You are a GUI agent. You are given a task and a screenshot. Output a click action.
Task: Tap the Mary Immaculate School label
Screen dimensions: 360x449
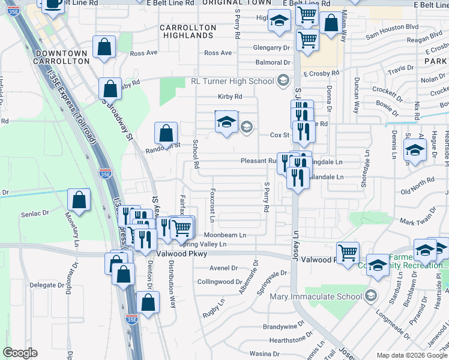[315, 295]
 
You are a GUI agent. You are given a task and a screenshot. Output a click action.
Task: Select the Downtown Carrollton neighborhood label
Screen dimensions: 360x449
[62, 58]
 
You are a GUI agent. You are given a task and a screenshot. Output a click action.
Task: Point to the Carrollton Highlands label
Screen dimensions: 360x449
[188, 31]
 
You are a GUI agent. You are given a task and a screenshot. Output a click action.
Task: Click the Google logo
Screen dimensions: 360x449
[20, 353]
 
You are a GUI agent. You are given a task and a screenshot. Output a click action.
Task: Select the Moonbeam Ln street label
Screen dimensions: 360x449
[225, 235]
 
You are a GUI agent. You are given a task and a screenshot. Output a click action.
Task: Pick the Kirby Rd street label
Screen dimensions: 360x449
[229, 97]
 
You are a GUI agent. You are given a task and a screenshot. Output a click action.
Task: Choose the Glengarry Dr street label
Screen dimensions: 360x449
[271, 47]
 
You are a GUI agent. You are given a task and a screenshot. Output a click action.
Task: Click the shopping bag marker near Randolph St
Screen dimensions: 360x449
[166, 133]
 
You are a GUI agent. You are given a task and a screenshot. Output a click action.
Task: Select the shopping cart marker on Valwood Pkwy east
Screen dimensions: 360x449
[348, 253]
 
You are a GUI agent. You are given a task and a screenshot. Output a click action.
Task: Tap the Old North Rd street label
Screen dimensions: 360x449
[417, 182]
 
